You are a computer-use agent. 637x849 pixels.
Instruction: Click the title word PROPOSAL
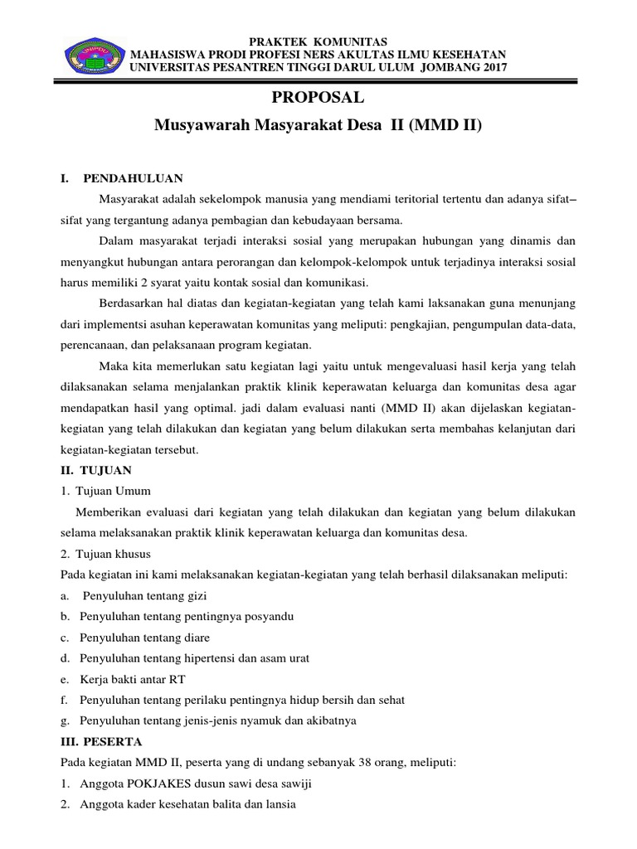tap(318, 98)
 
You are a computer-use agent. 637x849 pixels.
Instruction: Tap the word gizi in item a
tap(196, 596)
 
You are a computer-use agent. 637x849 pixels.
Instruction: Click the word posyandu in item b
tap(265, 617)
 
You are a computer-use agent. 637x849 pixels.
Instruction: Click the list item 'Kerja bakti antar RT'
tap(133, 679)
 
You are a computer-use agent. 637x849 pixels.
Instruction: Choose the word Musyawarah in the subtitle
tap(202, 126)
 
